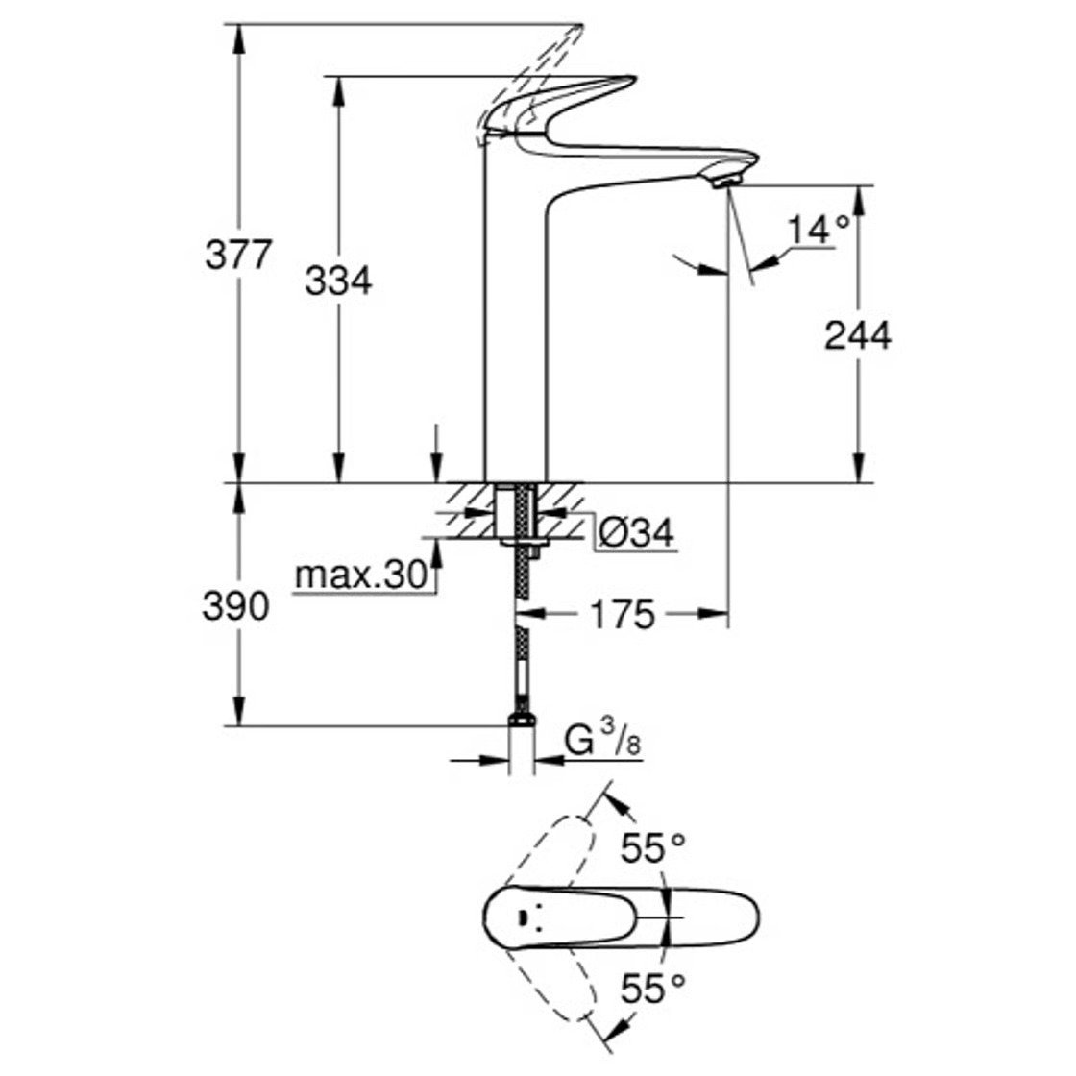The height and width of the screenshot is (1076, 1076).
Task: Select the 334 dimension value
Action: (x=338, y=281)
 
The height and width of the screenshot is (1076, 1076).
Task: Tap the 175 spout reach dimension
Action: (x=623, y=614)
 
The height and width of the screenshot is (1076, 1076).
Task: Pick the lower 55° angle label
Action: (x=653, y=987)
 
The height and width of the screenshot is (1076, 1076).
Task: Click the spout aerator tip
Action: (x=727, y=180)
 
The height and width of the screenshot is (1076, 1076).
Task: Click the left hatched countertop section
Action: (x=468, y=501)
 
